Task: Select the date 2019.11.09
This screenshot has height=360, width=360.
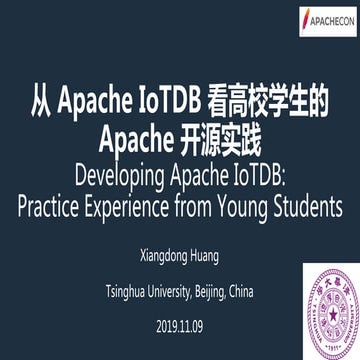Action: point(180,298)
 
